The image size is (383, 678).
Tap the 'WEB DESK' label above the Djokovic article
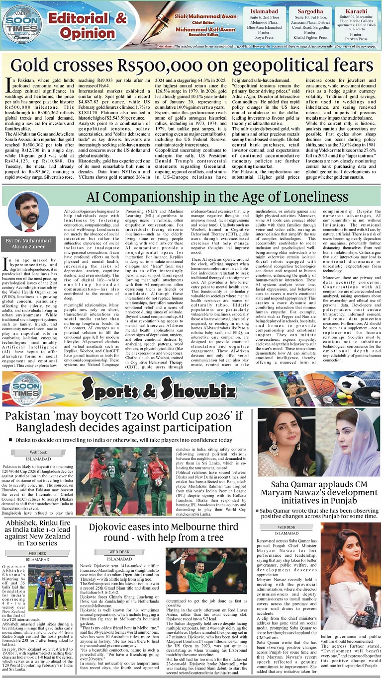119,552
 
